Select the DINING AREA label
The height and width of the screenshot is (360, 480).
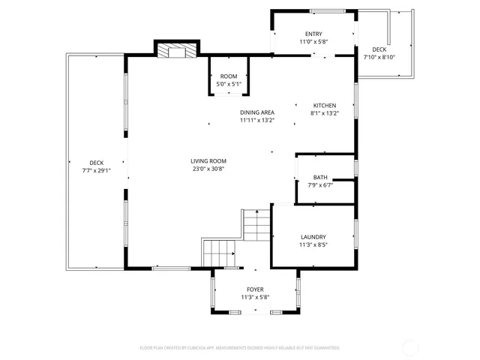pos(256,112)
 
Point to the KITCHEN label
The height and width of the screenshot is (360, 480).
pos(325,106)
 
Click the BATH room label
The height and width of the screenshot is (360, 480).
pos(320,177)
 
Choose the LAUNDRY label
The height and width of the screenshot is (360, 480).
pos(313,236)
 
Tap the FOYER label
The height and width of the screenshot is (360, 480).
pos(255,289)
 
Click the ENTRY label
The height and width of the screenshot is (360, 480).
pos(313,34)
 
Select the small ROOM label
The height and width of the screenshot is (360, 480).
pos(228,76)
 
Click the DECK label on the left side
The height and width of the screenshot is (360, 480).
pos(96,163)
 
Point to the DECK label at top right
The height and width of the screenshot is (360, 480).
pos(379,49)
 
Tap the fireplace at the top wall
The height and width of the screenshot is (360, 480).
pos(177,51)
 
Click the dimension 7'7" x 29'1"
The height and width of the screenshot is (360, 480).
pos(96,170)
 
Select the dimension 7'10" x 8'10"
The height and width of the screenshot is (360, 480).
pos(379,57)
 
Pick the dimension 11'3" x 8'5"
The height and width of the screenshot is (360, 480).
pos(313,244)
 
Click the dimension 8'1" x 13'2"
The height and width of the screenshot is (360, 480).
pos(325,114)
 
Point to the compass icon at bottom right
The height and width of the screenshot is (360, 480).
pos(411,347)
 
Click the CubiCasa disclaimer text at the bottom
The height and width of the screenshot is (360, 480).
pos(240,348)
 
